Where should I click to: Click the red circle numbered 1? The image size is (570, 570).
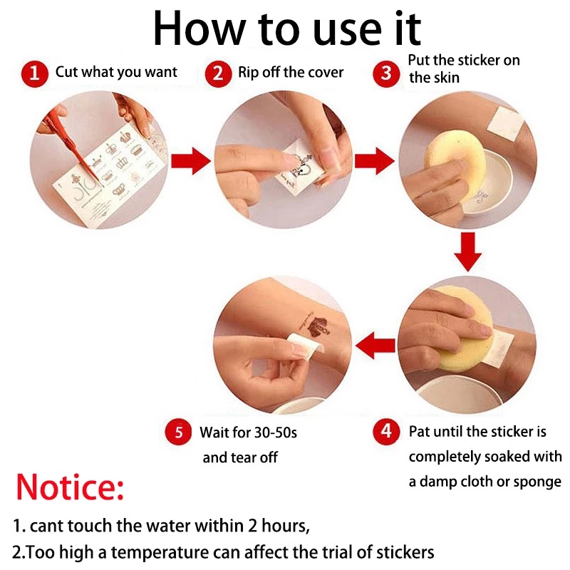click(x=34, y=74)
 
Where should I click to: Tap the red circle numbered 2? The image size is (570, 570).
click(x=218, y=74)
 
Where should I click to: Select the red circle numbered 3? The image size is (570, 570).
click(x=386, y=73)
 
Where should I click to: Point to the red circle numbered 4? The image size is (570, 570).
click(x=386, y=432)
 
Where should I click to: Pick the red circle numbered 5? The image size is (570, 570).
click(x=178, y=432)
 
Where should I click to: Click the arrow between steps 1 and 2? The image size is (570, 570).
click(x=191, y=161)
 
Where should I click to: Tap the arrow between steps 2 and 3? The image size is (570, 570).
click(x=375, y=161)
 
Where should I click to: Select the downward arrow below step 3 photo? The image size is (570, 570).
click(x=468, y=252)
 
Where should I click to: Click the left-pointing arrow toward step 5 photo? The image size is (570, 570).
click(x=375, y=346)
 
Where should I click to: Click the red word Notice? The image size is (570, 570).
click(x=70, y=487)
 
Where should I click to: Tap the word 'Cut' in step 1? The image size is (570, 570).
click(x=66, y=72)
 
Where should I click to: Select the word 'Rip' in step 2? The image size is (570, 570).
click(x=248, y=73)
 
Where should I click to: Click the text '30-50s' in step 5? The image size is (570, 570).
click(x=276, y=432)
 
